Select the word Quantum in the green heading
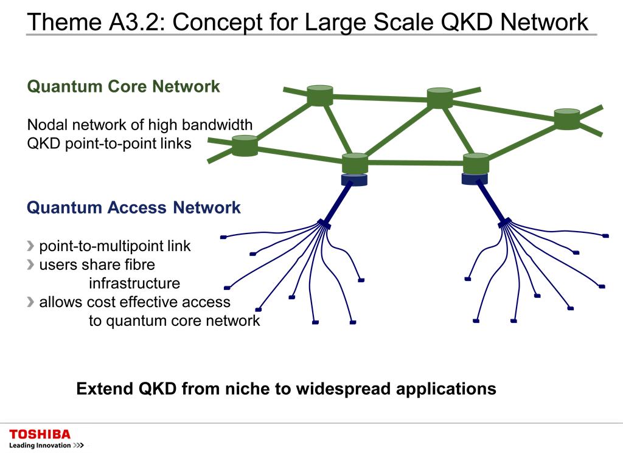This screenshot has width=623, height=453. [64, 86]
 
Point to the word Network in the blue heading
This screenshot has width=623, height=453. [207, 208]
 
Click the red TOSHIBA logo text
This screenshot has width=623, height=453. [40, 434]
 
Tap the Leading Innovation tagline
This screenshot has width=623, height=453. [40, 446]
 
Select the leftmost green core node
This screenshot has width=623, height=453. [245, 146]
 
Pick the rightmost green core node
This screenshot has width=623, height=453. [567, 119]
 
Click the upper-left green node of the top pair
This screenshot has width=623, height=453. [320, 96]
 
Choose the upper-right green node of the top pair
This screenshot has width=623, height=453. [439, 98]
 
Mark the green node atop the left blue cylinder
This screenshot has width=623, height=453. [355, 164]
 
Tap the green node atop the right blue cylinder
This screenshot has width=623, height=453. [476, 164]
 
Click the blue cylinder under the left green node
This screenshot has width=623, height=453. [354, 181]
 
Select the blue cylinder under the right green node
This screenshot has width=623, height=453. [475, 179]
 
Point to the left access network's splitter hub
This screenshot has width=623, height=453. [322, 226]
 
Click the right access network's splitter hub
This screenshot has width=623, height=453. [506, 225]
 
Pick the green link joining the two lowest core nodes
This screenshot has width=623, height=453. [416, 163]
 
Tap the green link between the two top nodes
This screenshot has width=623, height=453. [380, 97]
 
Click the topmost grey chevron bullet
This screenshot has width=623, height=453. [30, 246]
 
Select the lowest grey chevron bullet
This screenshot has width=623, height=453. [30, 302]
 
